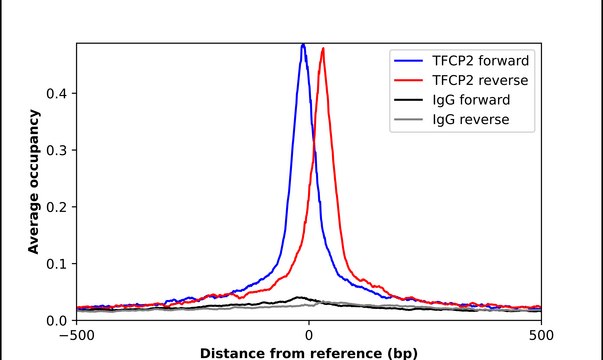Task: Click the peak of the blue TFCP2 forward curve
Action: coord(303,44)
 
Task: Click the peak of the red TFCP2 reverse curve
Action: coord(322,49)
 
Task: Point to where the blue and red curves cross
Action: coord(313,150)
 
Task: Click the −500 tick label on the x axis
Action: coord(77,335)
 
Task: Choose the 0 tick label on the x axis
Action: coord(309,335)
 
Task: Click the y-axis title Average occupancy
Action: coord(34,182)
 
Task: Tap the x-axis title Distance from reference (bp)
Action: coord(309,352)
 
